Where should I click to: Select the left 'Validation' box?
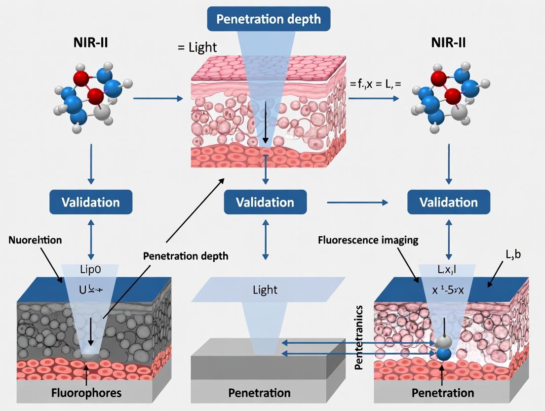[x=90, y=202]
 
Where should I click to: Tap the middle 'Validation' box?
[x=265, y=202]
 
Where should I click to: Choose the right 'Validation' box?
[x=448, y=202]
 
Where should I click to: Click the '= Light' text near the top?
[x=197, y=47]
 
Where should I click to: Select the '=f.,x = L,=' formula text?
[x=375, y=84]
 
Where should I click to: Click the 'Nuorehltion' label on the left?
[x=35, y=240]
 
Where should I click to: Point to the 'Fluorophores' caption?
[x=87, y=393]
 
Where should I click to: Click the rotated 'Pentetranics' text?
[x=359, y=338]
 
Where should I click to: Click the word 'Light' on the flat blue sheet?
[x=266, y=289]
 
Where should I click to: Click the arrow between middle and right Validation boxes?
[x=357, y=202]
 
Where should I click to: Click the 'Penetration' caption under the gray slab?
[x=259, y=393]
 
